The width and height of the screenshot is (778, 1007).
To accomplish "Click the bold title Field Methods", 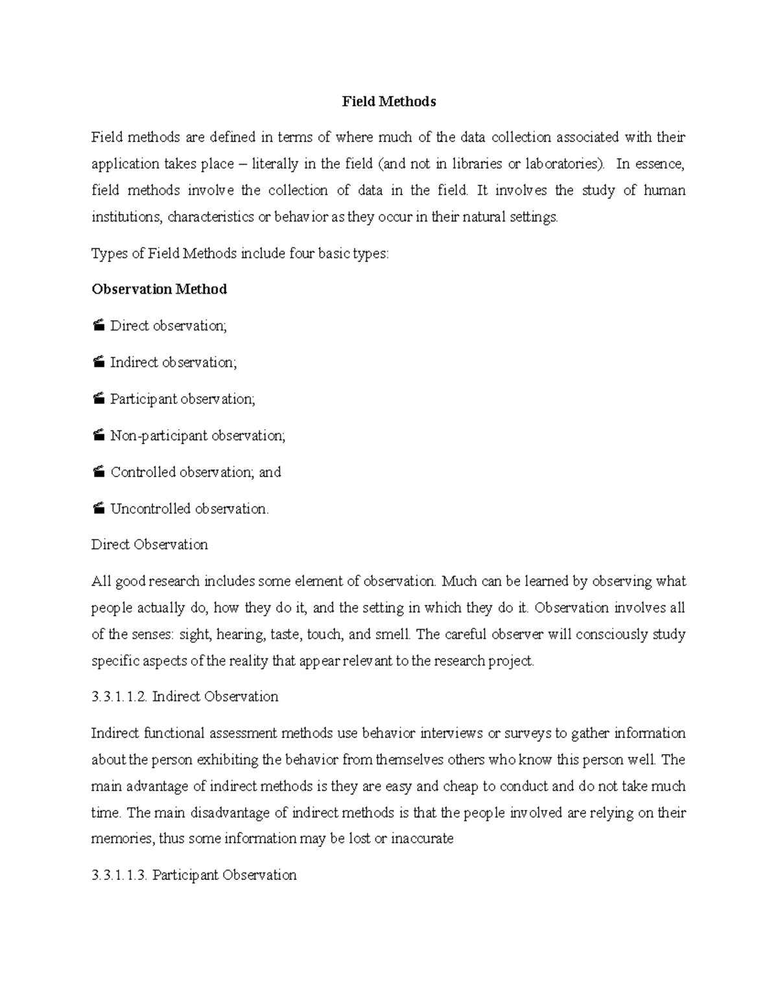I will coord(389,102).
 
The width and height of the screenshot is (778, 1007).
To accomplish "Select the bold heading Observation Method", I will coord(159,289).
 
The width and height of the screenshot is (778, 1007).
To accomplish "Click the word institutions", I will coord(126,217).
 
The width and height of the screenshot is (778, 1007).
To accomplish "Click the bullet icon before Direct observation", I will coord(98,326).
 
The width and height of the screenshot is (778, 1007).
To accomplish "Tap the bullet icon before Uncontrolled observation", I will coord(98,509).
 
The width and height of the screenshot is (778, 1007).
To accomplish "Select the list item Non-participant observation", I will coord(197,436).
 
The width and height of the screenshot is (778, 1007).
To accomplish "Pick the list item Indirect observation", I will coord(173,362).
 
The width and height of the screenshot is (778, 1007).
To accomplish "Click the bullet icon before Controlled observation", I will coord(98,473).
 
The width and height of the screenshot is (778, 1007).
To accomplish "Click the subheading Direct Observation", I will coord(150,545).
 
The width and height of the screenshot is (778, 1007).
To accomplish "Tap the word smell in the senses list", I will coord(392,634).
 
